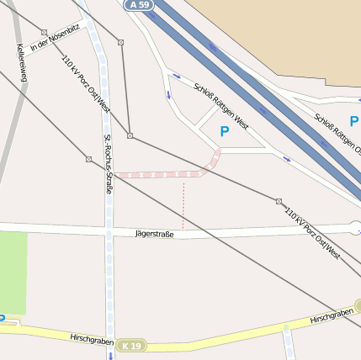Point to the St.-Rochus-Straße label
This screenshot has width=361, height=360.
(108, 164)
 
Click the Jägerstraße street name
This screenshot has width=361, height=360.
(154, 234)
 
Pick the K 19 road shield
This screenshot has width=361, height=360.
(131, 346)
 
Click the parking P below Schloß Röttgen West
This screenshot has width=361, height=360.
(224, 131)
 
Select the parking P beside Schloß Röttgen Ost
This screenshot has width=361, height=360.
(353, 122)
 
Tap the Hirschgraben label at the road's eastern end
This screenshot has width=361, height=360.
(332, 317)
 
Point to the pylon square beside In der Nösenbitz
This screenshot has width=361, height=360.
(44, 33)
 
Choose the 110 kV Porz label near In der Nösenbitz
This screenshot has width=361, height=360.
(86, 84)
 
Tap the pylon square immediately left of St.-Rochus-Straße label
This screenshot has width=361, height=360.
(88, 158)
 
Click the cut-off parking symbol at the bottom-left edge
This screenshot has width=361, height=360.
(3, 319)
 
